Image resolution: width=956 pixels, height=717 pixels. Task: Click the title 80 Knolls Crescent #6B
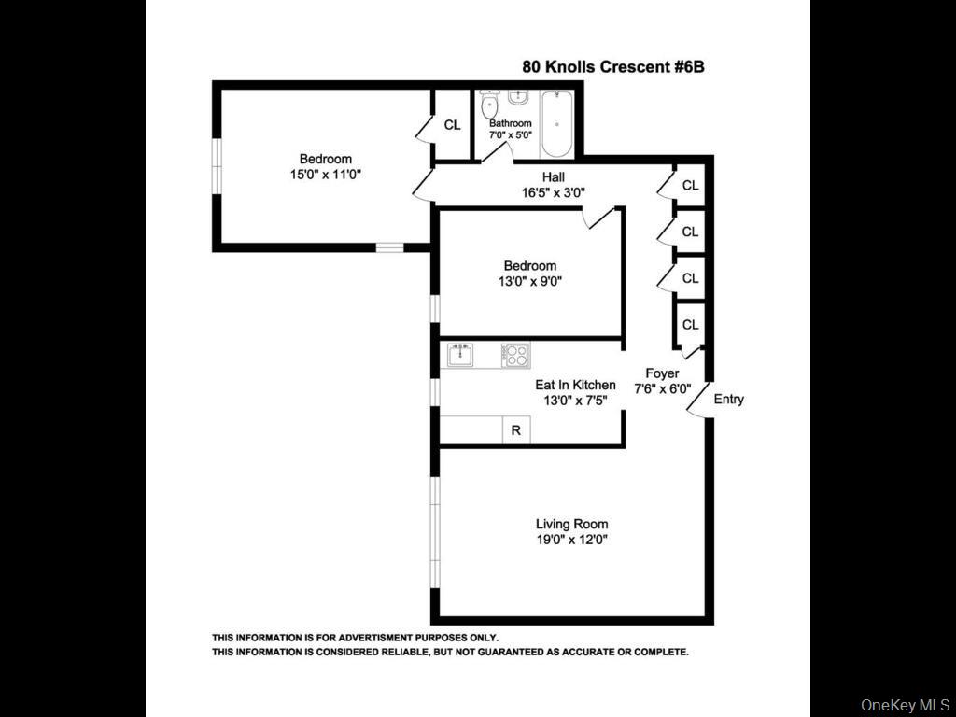[x=619, y=67]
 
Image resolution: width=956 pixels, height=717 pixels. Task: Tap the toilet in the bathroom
[x=489, y=105]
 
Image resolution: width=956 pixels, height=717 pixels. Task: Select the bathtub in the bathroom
[x=557, y=123]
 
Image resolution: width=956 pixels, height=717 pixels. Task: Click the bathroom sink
[x=519, y=97]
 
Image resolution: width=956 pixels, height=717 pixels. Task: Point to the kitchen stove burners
[x=515, y=355]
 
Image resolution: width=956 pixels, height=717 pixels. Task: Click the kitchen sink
[x=459, y=355]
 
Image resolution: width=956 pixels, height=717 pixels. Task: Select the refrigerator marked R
[x=515, y=430]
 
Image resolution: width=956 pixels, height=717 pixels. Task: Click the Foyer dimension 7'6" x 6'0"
[x=662, y=389]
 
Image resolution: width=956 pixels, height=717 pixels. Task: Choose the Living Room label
[x=571, y=524]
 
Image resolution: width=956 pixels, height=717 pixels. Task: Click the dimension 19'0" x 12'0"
[x=571, y=540]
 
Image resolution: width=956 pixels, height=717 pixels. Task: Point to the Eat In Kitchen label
[x=575, y=385]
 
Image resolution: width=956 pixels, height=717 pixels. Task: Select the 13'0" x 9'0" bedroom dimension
[x=530, y=281]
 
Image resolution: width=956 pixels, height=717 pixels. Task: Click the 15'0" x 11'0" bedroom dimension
[x=325, y=175]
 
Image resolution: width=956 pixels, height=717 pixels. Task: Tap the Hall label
[x=553, y=177]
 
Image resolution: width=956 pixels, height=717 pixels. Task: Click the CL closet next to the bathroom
[x=452, y=124]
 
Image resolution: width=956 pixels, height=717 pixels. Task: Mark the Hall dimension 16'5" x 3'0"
[x=553, y=193]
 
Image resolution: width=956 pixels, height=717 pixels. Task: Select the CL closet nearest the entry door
[x=690, y=325]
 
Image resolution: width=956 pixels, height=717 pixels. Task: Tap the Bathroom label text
[x=511, y=123]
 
